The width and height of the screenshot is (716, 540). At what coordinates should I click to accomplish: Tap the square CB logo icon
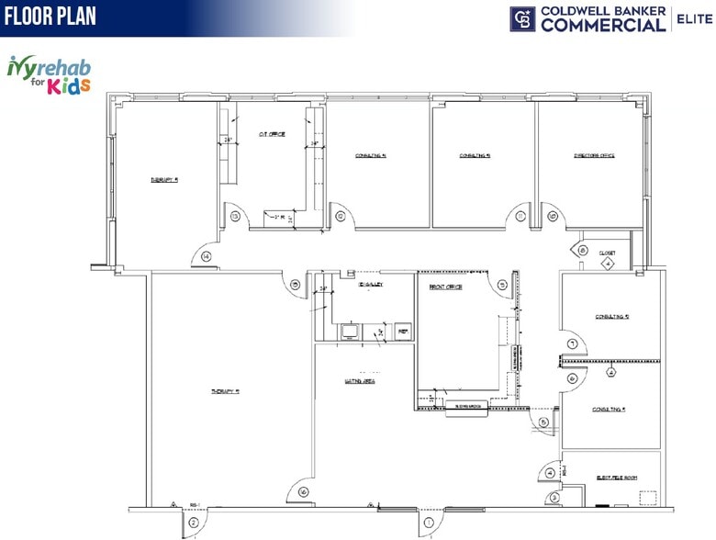click(522, 18)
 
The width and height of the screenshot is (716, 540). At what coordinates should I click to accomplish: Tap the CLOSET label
click(607, 253)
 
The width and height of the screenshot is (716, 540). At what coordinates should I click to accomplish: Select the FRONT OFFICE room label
click(446, 287)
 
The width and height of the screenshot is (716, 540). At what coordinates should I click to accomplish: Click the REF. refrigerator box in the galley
click(402, 330)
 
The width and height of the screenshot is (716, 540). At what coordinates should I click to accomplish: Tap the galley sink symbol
click(352, 330)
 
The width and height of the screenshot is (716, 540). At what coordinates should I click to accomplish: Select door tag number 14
click(206, 257)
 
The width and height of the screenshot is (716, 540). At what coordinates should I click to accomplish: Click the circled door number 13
click(235, 217)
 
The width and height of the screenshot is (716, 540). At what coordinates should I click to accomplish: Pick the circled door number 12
click(340, 217)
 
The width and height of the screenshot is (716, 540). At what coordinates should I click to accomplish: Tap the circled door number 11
click(520, 217)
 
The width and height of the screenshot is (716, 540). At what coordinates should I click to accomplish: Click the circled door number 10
click(553, 217)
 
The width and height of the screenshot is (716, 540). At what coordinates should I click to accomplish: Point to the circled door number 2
click(193, 523)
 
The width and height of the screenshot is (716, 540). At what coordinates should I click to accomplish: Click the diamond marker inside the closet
click(606, 264)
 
